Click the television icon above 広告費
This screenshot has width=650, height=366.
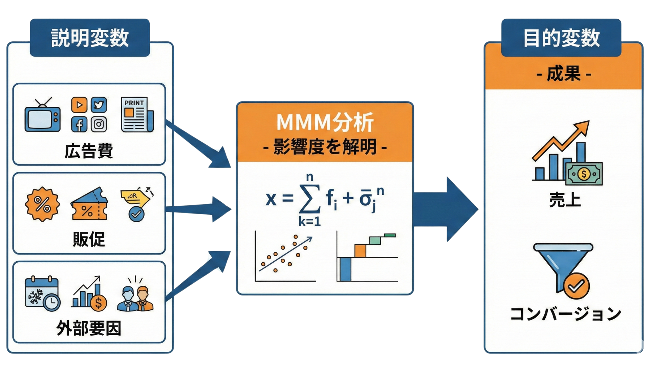click(x=43, y=116)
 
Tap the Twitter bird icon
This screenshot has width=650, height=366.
click(x=99, y=105)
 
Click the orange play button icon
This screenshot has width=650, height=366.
click(x=79, y=105)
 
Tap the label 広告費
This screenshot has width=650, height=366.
click(x=89, y=151)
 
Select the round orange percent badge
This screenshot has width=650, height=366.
click(x=42, y=204)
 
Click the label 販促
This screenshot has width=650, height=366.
click(x=89, y=239)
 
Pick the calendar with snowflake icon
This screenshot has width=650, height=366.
click(x=42, y=293)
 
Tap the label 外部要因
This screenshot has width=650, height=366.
click(x=89, y=328)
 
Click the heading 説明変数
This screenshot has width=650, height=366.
click(x=90, y=38)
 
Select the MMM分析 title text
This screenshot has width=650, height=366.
click(x=325, y=122)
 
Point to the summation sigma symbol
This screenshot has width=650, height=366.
click(x=309, y=199)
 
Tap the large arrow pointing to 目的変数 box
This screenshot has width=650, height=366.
click(x=447, y=209)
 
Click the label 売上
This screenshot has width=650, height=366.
click(x=565, y=200)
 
